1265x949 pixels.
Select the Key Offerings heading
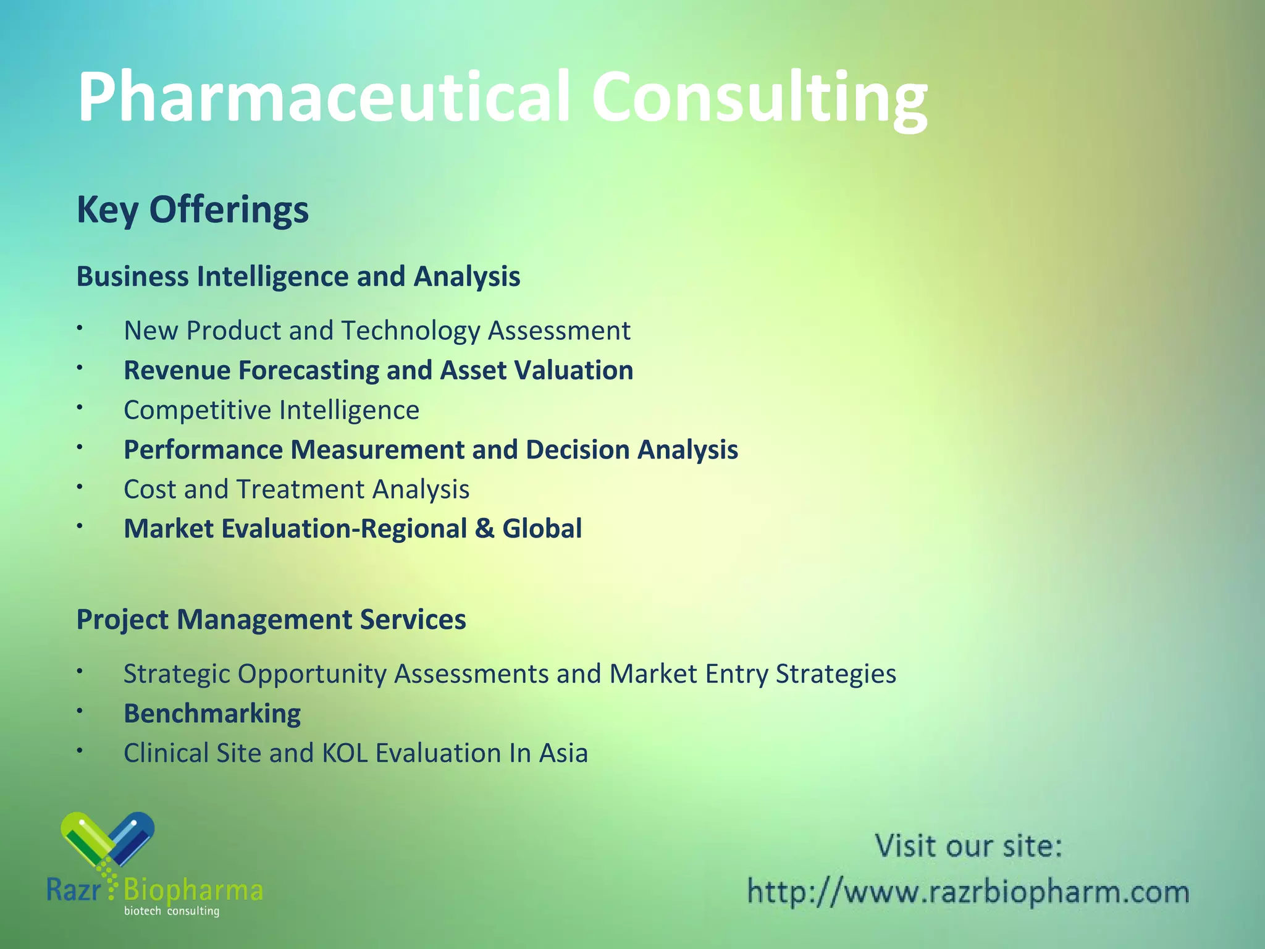[192, 209]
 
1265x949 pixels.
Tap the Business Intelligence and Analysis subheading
[298, 276]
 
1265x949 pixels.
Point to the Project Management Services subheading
[271, 619]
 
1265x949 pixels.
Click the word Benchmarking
[212, 714]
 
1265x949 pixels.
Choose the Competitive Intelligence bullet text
[271, 410]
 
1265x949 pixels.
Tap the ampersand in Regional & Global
[485, 529]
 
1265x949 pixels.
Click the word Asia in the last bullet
[563, 753]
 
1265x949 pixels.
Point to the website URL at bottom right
[968, 892]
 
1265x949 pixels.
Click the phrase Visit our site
[968, 846]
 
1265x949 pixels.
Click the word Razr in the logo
[73, 890]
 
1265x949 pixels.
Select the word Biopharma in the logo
[193, 890]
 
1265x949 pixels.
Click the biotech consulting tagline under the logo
[172, 911]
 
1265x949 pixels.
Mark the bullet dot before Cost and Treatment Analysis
[80, 487]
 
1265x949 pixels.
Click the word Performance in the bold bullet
[203, 450]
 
